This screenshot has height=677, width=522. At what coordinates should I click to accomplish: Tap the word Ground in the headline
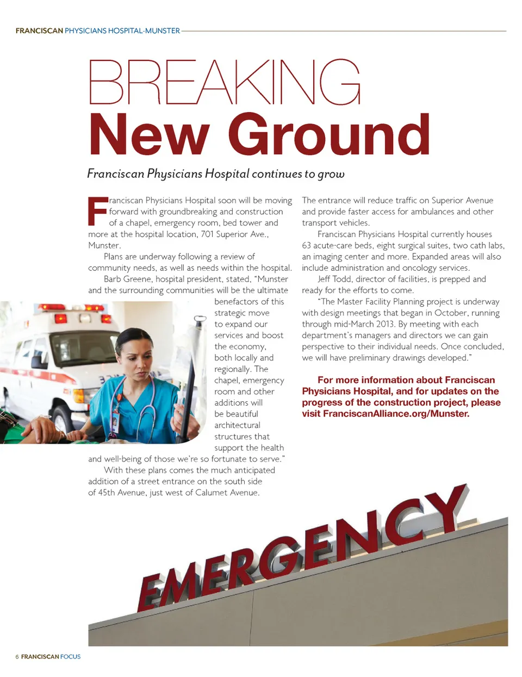(x=329, y=135)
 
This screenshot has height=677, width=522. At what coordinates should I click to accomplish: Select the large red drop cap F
(x=97, y=211)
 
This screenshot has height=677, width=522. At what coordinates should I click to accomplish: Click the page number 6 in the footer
(x=17, y=657)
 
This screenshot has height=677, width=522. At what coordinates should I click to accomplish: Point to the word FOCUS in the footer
(x=70, y=657)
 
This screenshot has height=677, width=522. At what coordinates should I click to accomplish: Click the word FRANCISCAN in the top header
(x=39, y=31)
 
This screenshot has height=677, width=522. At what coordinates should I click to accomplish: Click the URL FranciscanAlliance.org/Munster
(x=396, y=414)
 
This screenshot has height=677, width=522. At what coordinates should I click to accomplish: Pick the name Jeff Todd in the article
(x=335, y=279)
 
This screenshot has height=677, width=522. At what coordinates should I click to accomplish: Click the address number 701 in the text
(x=208, y=234)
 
